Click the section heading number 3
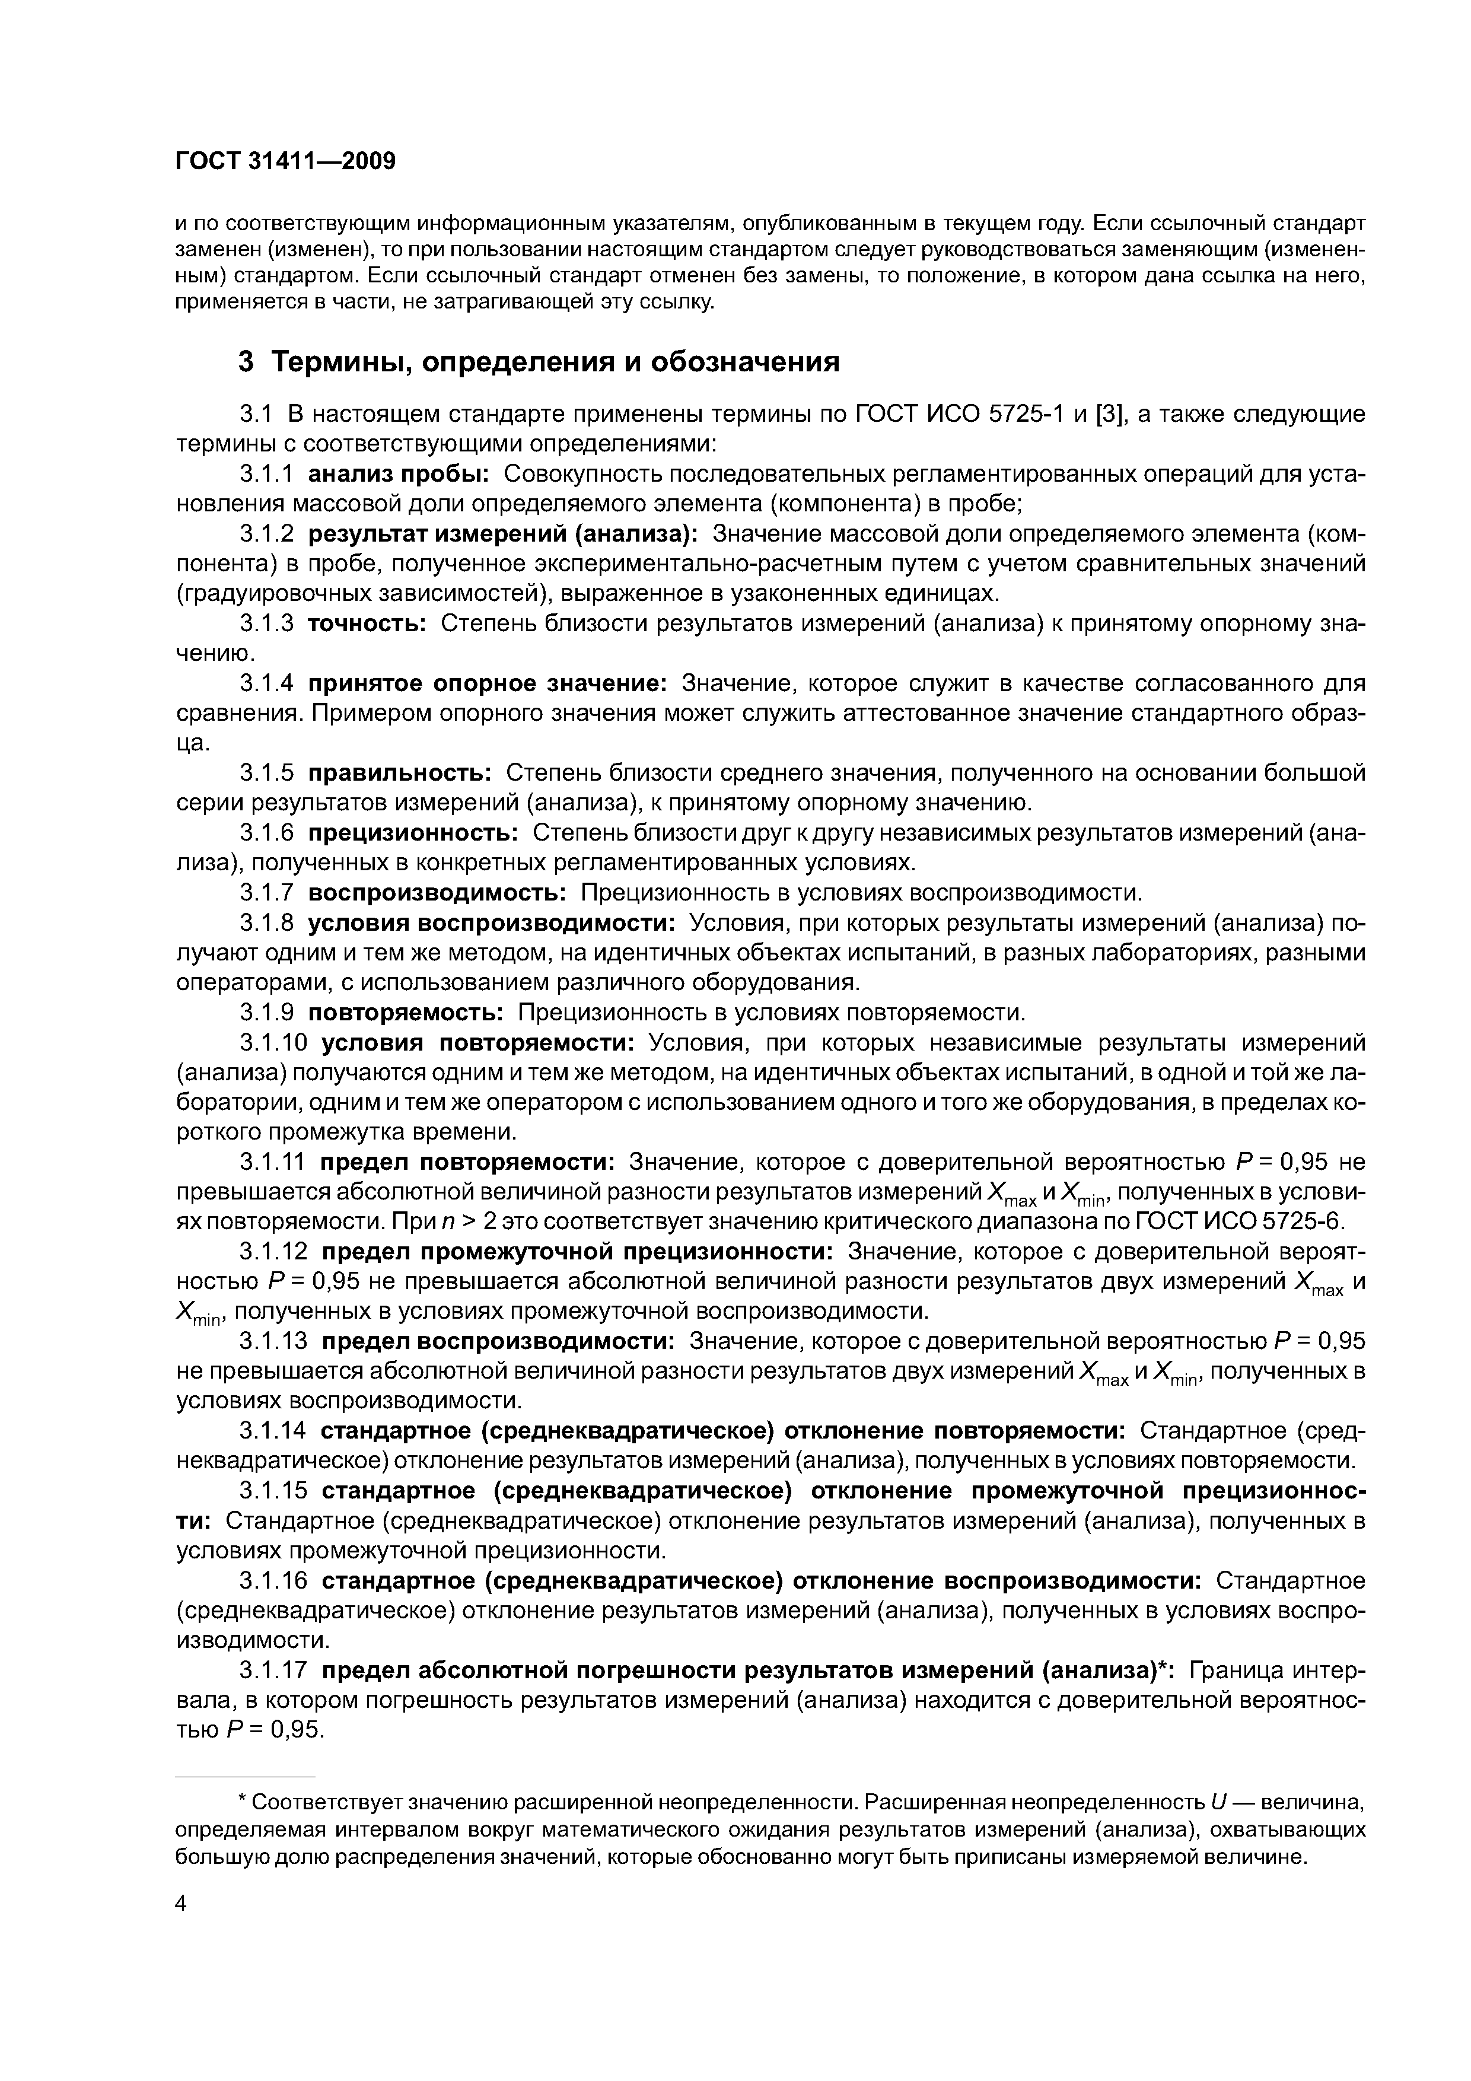[x=246, y=362]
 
